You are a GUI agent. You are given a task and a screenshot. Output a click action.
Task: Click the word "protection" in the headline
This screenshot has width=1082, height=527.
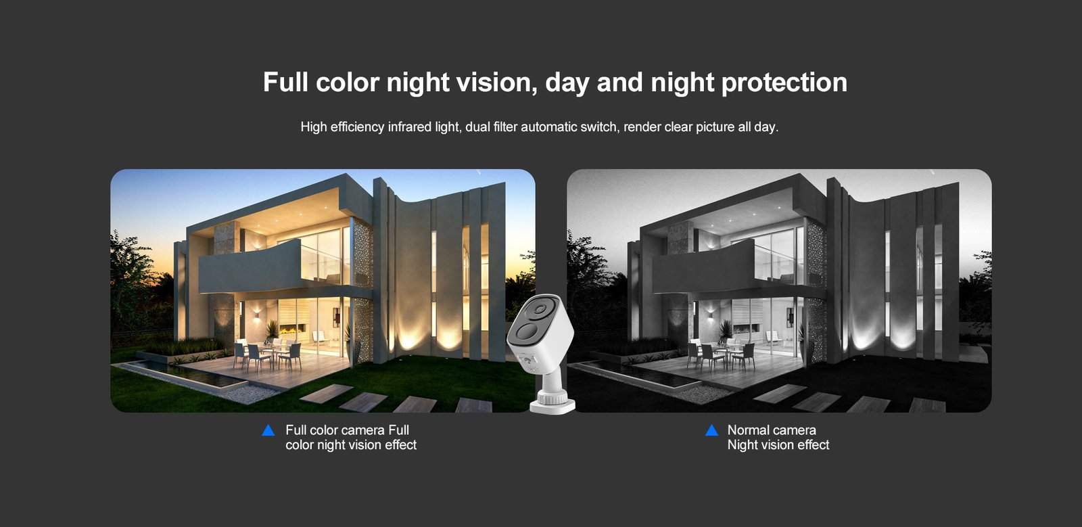coord(784,83)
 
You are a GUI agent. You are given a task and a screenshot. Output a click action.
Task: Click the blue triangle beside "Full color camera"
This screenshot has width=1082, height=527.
coord(268,430)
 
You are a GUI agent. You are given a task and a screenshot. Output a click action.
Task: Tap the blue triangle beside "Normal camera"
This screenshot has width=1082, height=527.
coord(711,430)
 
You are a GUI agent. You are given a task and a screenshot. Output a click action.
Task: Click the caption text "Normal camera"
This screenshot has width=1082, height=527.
coord(772,430)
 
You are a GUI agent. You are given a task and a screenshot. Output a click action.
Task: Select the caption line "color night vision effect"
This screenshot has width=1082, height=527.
coord(351,445)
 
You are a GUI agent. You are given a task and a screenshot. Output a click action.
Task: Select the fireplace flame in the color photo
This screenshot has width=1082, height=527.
coord(289,330)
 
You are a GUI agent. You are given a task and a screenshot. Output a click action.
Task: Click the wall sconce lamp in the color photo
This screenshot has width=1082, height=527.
coord(256,317)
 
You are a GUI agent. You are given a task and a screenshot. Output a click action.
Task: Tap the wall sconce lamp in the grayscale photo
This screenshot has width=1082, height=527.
coord(711,317)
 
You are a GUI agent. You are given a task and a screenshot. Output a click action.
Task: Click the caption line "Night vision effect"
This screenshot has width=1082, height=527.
coord(778,445)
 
